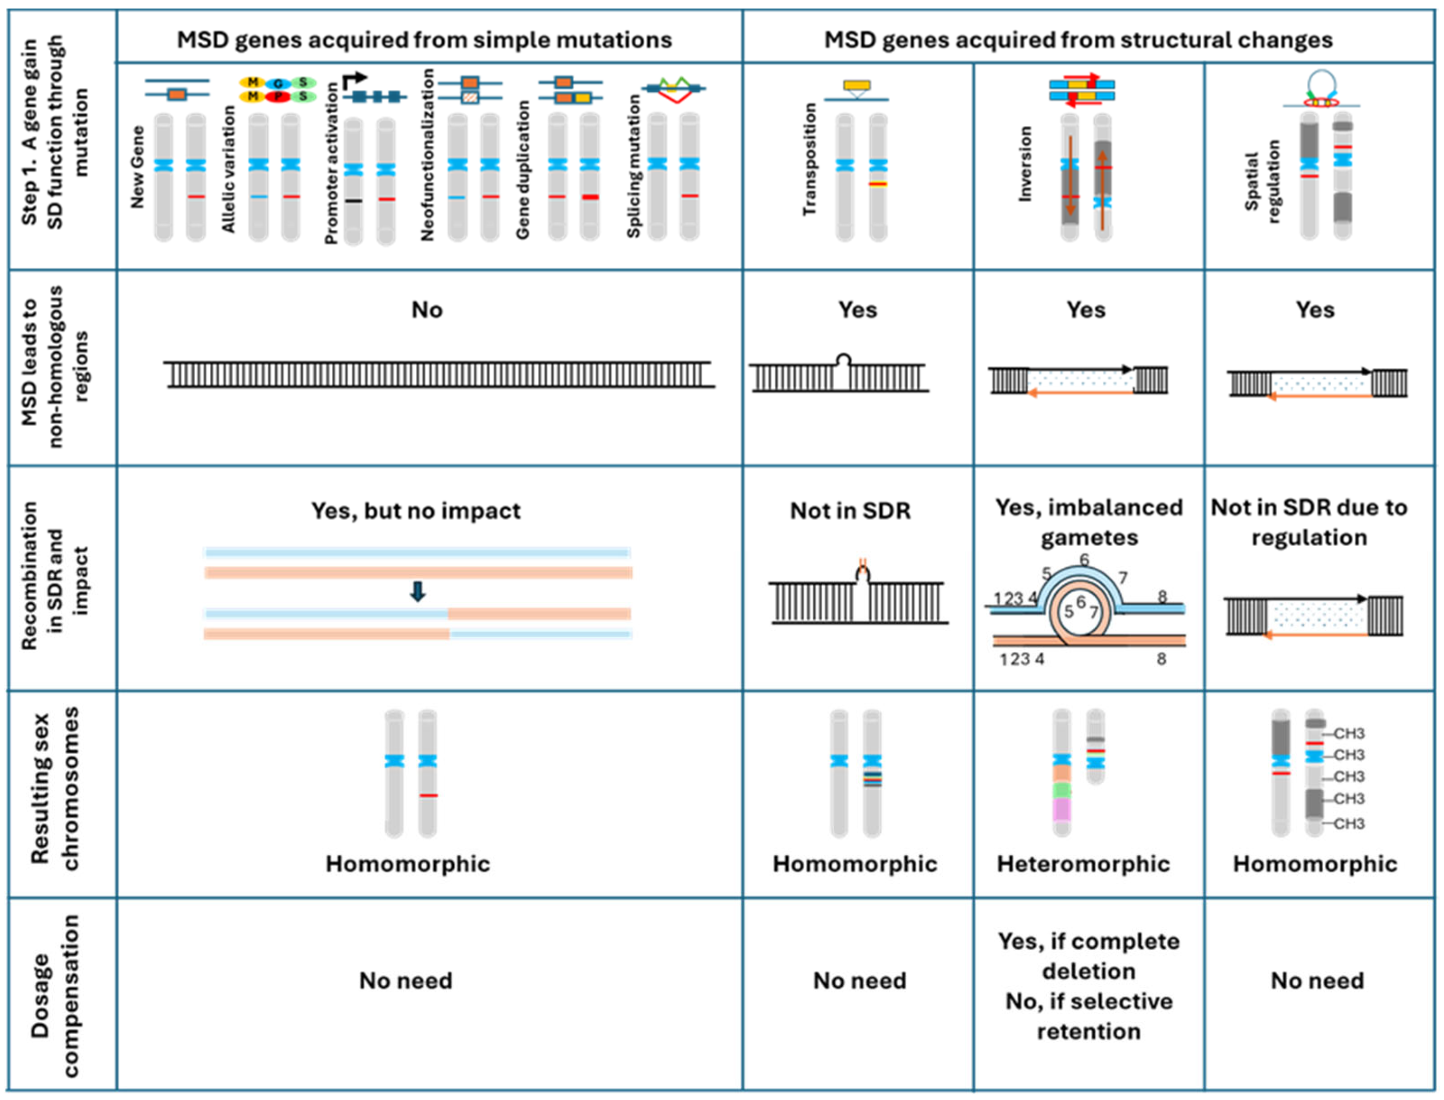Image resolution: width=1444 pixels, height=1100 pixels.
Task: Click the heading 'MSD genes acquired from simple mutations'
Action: (424, 40)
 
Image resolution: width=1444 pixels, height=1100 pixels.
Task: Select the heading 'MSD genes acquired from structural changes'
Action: (1078, 40)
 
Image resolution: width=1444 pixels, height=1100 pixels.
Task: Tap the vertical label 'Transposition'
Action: (810, 159)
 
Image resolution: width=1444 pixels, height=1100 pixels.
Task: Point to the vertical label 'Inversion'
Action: (1025, 164)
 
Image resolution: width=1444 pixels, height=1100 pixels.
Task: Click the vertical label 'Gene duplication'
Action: (522, 170)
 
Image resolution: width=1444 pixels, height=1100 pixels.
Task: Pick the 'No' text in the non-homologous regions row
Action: (427, 310)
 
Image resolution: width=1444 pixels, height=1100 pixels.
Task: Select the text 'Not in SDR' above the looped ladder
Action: (850, 511)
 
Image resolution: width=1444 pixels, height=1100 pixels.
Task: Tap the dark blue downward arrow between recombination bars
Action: (418, 591)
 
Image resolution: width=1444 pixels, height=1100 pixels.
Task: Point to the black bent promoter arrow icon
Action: (354, 80)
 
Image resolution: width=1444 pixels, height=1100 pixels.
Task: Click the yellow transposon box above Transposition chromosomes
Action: (857, 85)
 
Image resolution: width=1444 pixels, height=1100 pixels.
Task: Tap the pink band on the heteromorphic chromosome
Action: (1062, 809)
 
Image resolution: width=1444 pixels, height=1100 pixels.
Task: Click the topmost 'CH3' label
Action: (1349, 733)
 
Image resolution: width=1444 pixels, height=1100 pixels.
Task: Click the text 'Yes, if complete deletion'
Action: (1089, 956)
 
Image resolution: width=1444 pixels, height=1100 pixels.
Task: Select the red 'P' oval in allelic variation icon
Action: (278, 96)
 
